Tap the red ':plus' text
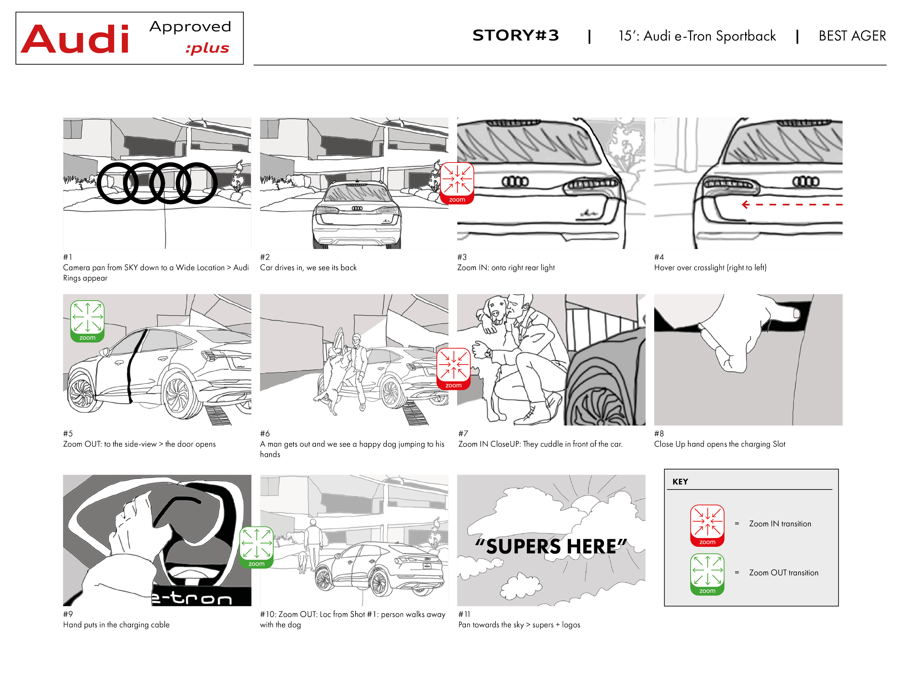pos(207,48)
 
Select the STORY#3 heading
pos(516,35)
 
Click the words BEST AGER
pos(852,36)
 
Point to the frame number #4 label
pos(659,257)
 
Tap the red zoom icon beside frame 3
pos(457,183)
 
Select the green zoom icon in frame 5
pos(87,321)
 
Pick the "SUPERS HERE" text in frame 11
pos(551,546)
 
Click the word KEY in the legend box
pos(680,482)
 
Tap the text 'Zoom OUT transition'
pos(784,573)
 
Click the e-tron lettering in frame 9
pos(192,598)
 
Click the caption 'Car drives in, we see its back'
pos(308,268)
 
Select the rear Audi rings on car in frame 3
pos(516,181)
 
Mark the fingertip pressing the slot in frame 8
pos(796,313)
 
